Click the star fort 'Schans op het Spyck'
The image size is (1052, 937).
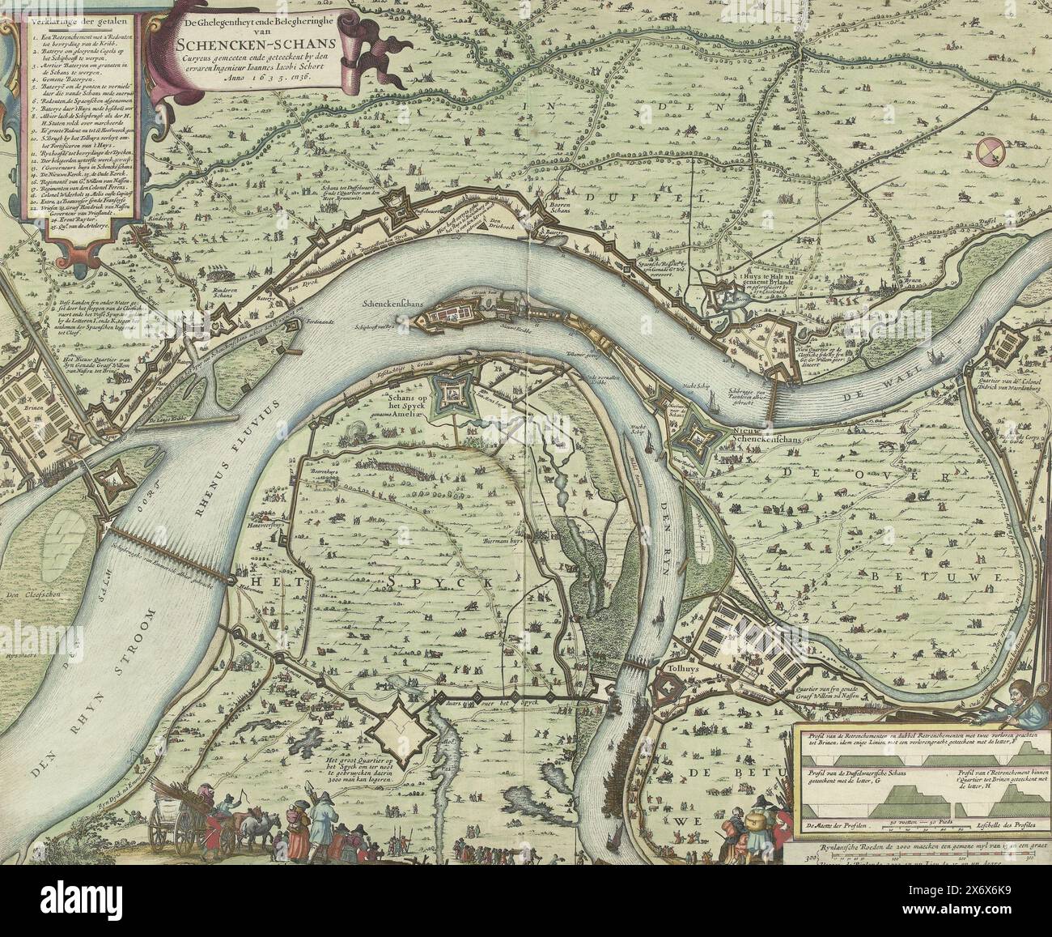448,397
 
